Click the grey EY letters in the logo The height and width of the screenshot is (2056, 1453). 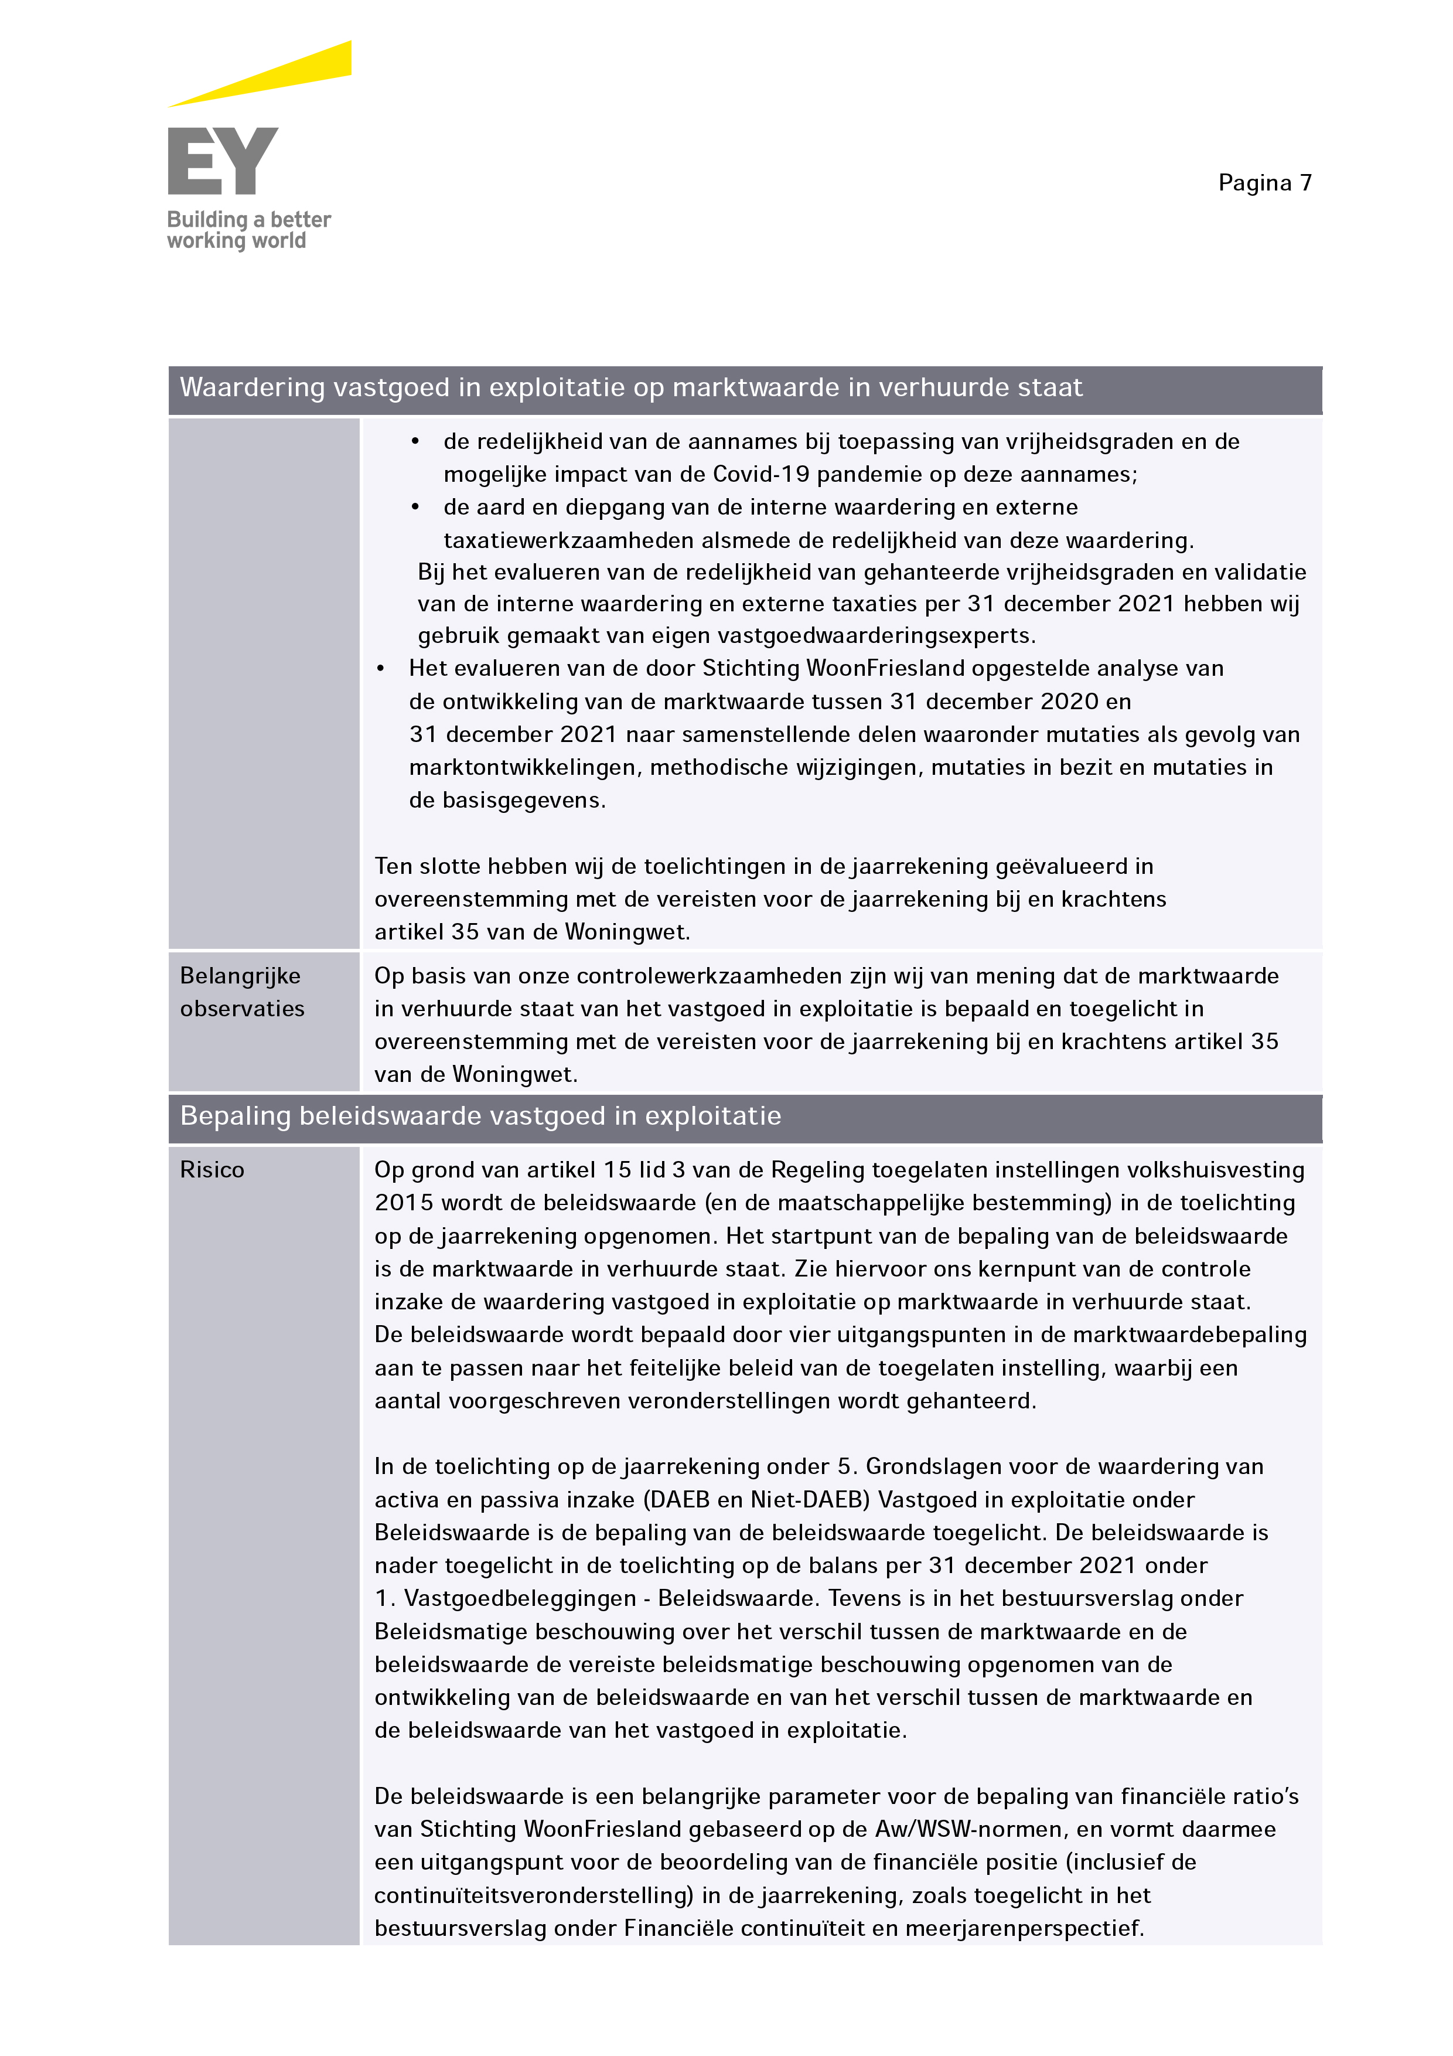(223, 161)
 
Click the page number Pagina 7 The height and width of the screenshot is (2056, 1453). (1264, 183)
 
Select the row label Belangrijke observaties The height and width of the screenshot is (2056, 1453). (242, 992)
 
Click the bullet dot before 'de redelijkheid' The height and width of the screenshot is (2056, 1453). (415, 441)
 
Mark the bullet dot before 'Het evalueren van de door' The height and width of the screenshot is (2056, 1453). (380, 669)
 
